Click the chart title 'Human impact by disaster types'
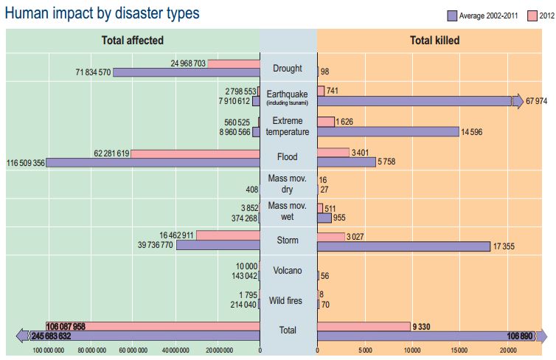click(102, 13)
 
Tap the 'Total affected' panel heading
click(133, 41)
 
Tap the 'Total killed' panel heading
click(435, 41)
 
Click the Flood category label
click(288, 157)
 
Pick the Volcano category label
click(288, 270)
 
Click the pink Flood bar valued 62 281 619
click(195, 153)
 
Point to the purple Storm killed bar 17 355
click(403, 246)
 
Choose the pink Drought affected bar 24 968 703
click(234, 63)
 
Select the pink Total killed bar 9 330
click(364, 326)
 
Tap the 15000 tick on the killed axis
click(459, 350)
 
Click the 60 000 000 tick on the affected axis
click(132, 350)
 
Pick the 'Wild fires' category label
click(288, 301)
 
